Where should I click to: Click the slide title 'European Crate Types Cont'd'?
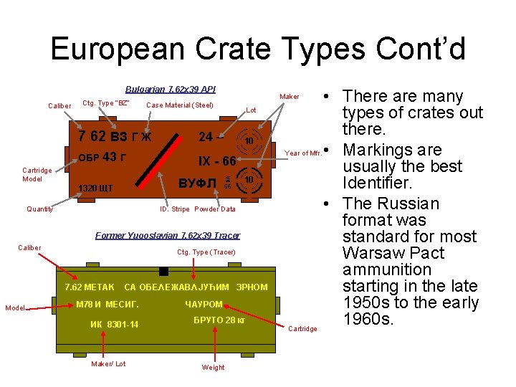coord(258,49)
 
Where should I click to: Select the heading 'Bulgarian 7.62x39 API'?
coord(170,90)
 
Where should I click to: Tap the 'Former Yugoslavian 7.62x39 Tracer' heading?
coord(168,235)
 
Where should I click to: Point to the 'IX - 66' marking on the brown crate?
coord(216,161)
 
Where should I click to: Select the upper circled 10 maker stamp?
coord(249,141)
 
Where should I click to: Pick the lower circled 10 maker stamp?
coord(249,178)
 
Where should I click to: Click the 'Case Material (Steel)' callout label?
coord(179,106)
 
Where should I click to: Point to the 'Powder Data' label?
coord(215,209)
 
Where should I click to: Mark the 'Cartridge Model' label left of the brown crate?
coord(37,175)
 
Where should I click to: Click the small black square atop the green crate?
coord(164,271)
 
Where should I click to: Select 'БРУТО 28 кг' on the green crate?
coord(219,320)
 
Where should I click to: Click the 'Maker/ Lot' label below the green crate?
coord(108,364)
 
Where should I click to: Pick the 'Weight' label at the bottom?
coord(213,368)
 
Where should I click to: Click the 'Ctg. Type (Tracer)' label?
coord(206,252)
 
